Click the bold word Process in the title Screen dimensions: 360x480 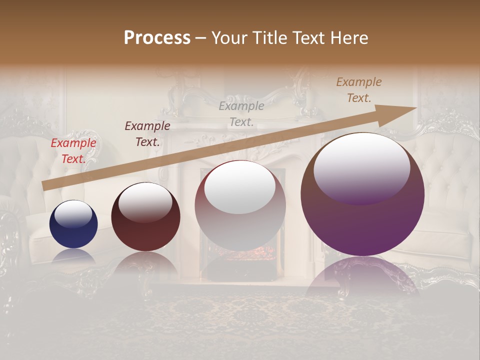tap(157, 38)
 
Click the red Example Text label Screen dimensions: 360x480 tap(73, 151)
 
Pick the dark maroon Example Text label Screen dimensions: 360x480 tap(147, 134)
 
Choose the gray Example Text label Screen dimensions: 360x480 tap(241, 114)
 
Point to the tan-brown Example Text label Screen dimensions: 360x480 tap(359, 90)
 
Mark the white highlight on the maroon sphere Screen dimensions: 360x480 tap(145, 202)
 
